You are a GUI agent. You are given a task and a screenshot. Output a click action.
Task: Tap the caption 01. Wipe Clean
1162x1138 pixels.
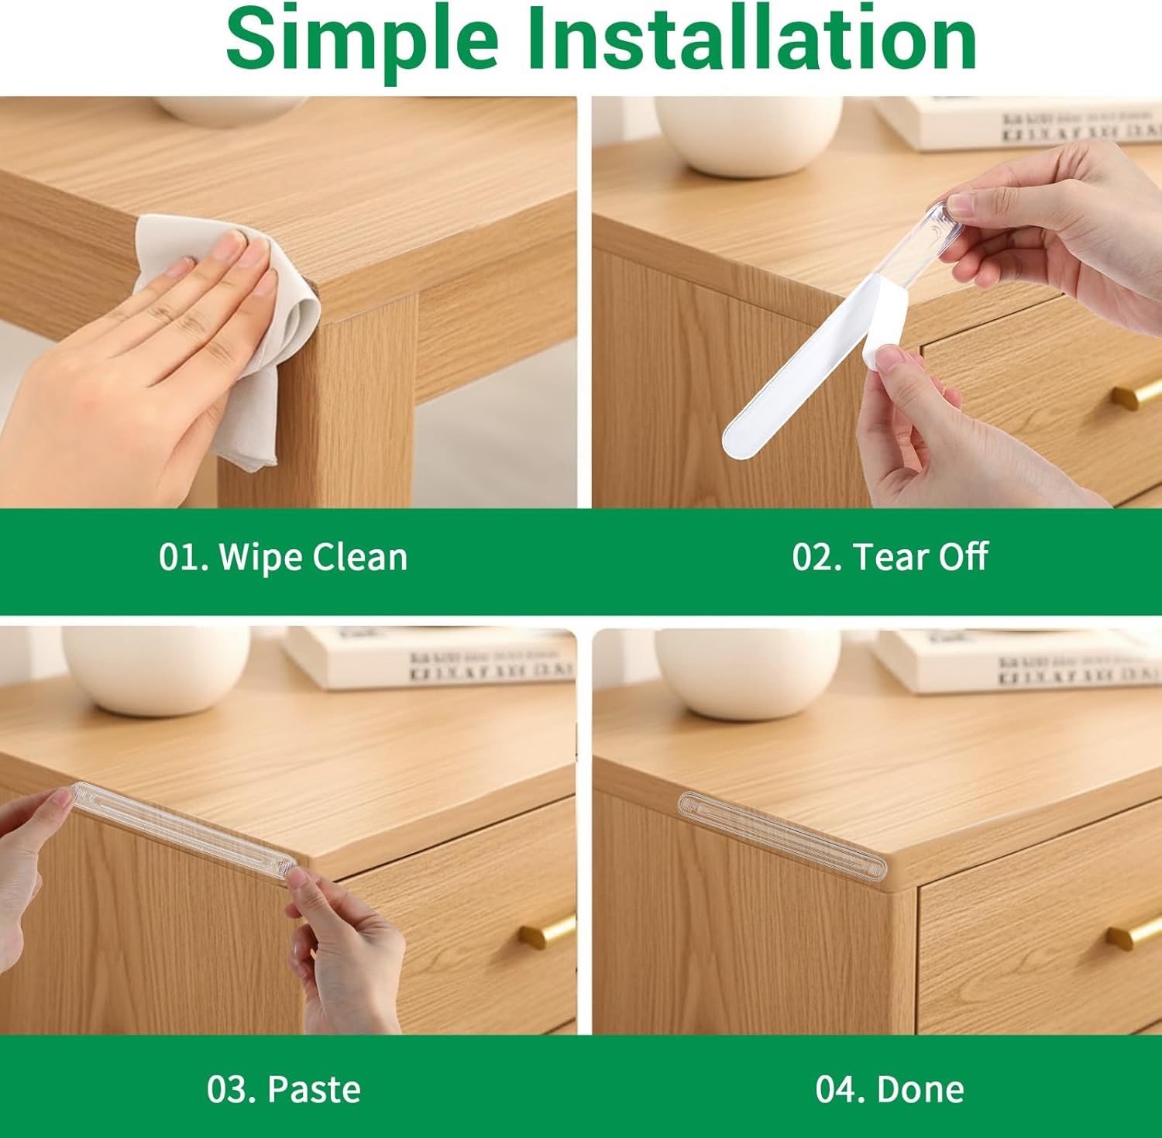point(283,557)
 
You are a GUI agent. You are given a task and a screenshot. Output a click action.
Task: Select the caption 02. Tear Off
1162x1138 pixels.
point(889,557)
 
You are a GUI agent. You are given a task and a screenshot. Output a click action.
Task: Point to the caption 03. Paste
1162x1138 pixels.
point(284,1089)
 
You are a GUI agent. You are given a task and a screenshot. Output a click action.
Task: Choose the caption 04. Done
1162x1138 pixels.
point(889,1089)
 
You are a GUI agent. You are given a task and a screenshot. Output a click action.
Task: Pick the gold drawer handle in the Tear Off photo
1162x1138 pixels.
point(1136,396)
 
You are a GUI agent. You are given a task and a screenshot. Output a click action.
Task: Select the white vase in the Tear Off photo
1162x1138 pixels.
point(748,136)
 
